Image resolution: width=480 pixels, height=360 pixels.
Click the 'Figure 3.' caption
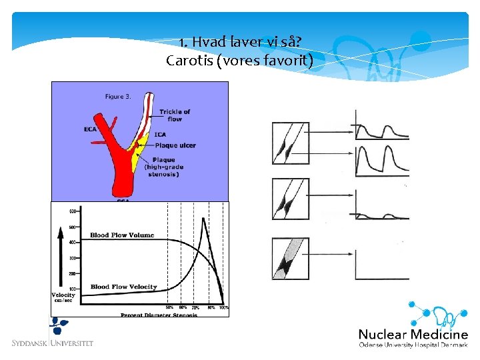[x=118, y=97]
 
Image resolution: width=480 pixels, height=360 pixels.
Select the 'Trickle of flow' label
[x=175, y=115]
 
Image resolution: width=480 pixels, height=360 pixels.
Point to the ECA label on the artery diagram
[x=91, y=129]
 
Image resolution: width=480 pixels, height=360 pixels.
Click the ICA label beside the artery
[x=160, y=135]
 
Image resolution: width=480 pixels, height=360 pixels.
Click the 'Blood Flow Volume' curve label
[x=122, y=235]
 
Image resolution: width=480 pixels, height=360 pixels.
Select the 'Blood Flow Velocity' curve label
[x=123, y=287]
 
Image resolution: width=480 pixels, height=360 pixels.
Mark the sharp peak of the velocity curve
[x=204, y=221]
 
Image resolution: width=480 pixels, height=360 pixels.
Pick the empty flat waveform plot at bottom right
[x=382, y=264]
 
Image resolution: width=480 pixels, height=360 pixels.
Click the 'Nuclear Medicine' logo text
[x=413, y=334]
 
